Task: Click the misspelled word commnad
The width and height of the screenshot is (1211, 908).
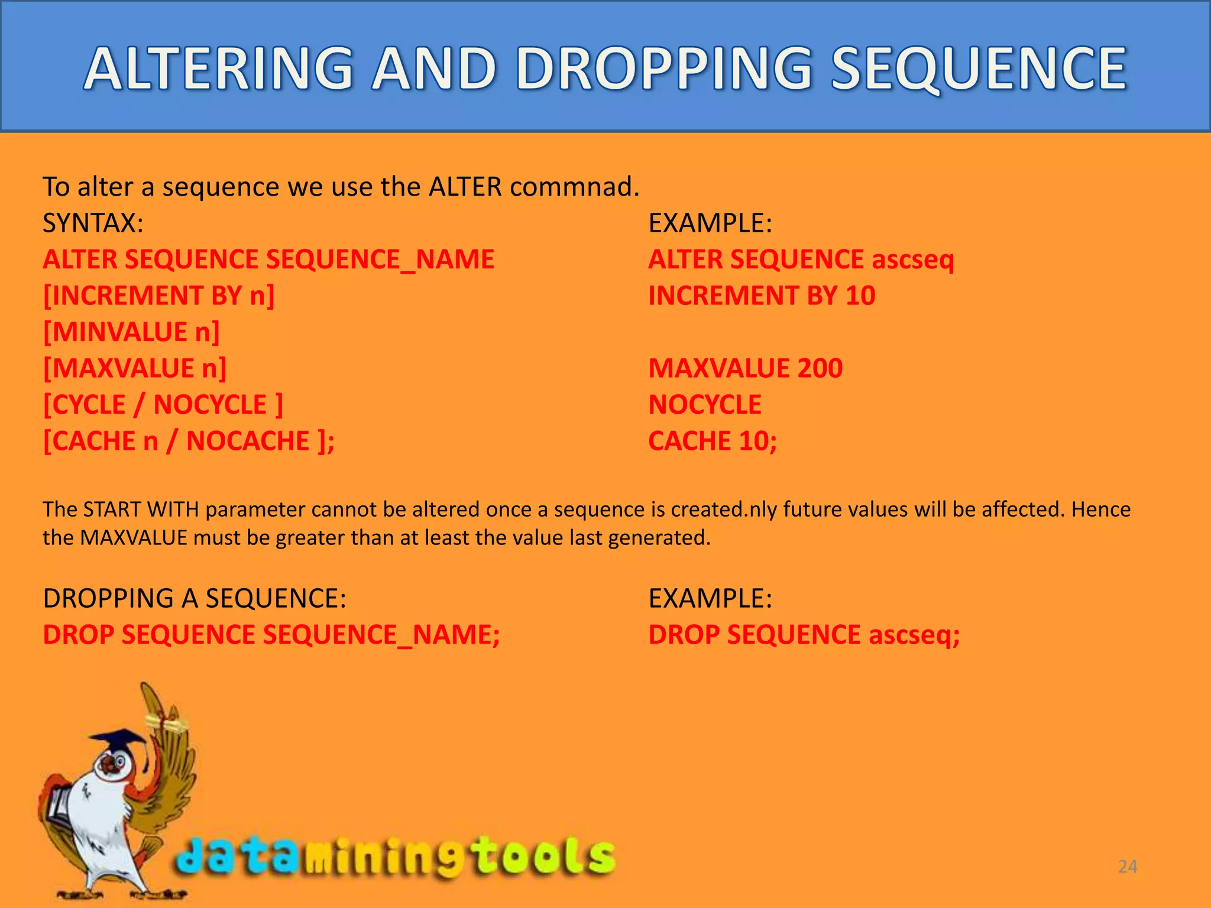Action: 574,187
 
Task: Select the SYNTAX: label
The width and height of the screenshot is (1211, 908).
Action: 93,223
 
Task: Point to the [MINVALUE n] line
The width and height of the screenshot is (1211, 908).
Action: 131,332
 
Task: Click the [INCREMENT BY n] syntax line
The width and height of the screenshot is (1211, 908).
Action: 158,296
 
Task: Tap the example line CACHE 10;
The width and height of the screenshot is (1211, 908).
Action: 713,441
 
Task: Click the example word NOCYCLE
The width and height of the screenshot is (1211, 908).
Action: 705,405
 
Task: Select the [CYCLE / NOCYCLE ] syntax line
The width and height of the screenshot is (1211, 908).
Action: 163,405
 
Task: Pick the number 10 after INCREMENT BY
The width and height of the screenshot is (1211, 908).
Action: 860,296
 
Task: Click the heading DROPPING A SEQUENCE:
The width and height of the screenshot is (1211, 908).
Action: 195,598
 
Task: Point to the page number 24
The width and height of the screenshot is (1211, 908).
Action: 1127,867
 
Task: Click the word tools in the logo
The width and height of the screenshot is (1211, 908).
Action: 544,856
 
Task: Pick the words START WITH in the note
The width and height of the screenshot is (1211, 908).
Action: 141,510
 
